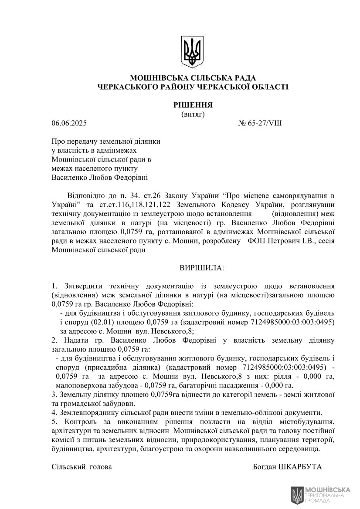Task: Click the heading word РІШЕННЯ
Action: click(192, 105)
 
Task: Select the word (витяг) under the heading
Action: click(193, 114)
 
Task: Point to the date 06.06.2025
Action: click(69, 123)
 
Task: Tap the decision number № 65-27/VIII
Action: click(260, 123)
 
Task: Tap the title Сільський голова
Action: click(82, 467)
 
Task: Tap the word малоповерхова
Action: click(78, 385)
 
